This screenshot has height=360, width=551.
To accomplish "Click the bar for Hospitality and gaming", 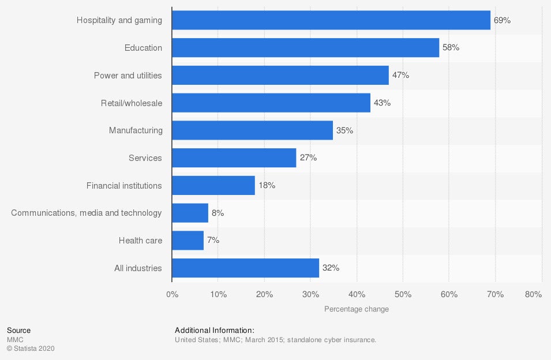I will [x=331, y=20].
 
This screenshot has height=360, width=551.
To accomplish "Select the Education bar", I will [x=305, y=48].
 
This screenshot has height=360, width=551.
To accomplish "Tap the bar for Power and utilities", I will [x=280, y=76].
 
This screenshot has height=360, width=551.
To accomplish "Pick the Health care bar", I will [x=188, y=241].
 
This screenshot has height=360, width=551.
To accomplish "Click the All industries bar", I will [x=245, y=268].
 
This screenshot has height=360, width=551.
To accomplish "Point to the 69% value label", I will [x=502, y=20].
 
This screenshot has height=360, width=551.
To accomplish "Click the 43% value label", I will [x=382, y=103].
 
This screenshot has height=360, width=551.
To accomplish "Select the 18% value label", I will [x=267, y=186].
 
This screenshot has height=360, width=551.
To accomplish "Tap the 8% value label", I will [x=218, y=213].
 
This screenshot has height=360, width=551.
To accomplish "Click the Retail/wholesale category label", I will [x=131, y=103].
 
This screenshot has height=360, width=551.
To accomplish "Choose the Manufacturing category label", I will [x=136, y=130].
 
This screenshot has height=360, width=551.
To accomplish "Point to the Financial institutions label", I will [x=124, y=186].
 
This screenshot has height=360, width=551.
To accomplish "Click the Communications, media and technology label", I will [x=87, y=213].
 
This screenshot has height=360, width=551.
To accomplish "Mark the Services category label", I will [x=145, y=158].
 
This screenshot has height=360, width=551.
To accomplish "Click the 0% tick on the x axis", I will [x=172, y=295].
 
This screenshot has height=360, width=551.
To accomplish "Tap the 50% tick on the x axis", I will [x=403, y=295].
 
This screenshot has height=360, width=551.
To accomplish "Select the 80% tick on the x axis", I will [x=534, y=295].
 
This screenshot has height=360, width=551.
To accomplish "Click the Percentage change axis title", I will [x=357, y=309].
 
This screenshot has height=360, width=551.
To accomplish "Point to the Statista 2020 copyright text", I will [x=31, y=348].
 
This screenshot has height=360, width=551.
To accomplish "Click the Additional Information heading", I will [x=214, y=331].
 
